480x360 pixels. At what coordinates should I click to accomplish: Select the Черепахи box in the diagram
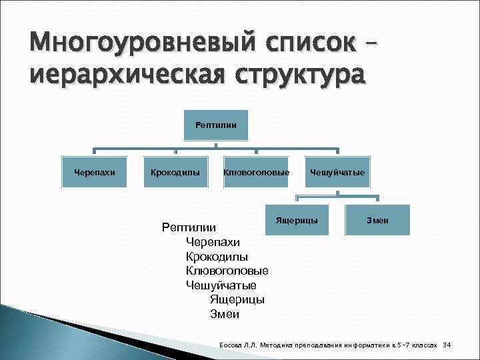[x=94, y=173]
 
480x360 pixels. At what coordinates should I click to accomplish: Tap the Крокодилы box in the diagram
[x=175, y=173]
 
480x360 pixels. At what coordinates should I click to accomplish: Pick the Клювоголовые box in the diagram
[x=257, y=173]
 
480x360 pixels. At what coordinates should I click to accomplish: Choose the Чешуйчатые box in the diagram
[x=337, y=173]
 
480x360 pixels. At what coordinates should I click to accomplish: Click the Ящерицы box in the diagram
[x=297, y=220]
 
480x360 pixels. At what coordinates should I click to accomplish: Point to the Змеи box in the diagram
[x=377, y=220]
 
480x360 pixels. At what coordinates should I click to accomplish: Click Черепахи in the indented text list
[x=213, y=242]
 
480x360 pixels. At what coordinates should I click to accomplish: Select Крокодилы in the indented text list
[x=217, y=257]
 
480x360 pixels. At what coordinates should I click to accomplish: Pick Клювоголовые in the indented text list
[x=227, y=271]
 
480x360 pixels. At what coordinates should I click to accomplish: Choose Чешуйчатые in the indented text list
[x=221, y=285]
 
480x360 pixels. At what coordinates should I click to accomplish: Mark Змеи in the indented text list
[x=224, y=314]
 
